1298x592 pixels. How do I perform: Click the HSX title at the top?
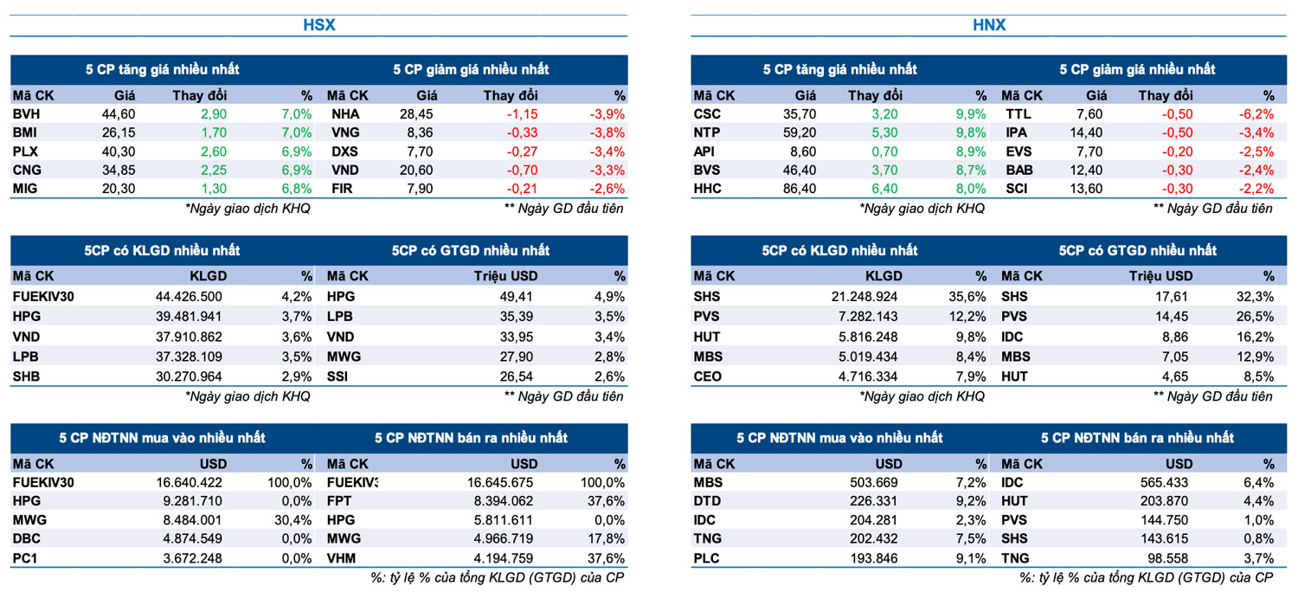point(318,25)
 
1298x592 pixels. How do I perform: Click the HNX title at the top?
point(989,25)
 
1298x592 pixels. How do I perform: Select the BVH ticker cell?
point(27,113)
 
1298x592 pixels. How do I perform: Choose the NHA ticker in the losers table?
point(345,113)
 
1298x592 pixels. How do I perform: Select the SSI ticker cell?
point(339,376)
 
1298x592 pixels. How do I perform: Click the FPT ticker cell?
point(339,501)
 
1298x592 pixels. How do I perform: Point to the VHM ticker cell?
point(342,558)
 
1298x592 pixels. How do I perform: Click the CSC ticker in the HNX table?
point(707,113)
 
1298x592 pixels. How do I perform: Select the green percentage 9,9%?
point(970,113)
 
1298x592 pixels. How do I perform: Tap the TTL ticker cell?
point(1018,113)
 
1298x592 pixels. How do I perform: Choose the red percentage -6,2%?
point(1256,113)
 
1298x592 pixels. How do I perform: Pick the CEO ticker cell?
point(708,376)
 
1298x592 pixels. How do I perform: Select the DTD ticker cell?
point(708,501)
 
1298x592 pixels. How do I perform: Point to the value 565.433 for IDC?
point(1165,482)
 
